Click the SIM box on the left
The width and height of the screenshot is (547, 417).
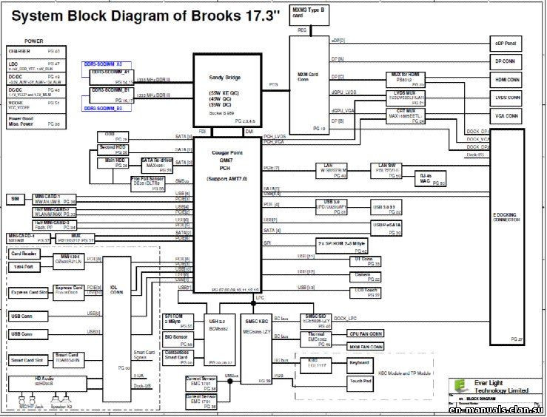[x=14, y=199]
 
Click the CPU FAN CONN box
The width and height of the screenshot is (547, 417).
[x=366, y=333]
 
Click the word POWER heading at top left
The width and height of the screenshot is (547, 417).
[x=34, y=41]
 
